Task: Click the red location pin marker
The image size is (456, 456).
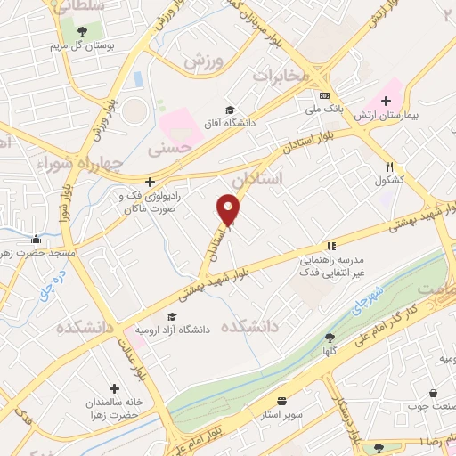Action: tap(229, 210)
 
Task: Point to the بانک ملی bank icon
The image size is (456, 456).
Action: tap(324, 95)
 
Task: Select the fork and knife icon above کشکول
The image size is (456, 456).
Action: tap(389, 166)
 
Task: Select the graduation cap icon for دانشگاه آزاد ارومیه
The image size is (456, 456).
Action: tap(171, 315)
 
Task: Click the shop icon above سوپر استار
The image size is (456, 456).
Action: tap(282, 402)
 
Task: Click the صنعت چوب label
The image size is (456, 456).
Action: tap(433, 405)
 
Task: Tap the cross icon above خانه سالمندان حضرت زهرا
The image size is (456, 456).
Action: tap(115, 388)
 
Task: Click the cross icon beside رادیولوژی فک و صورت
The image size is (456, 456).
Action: tap(150, 181)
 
